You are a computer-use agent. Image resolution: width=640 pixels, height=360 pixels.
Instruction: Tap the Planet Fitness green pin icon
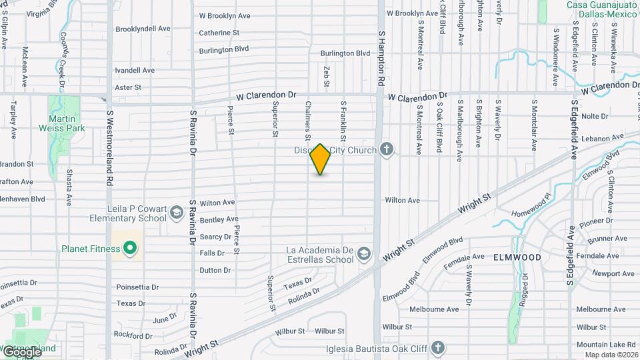pos(131,249)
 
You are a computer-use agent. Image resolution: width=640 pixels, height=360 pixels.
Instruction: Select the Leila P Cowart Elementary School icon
pos(176,213)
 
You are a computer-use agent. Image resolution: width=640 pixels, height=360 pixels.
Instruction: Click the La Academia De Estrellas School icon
pos(363,253)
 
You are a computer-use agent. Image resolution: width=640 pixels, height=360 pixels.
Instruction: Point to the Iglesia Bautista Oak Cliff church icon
pos(437,347)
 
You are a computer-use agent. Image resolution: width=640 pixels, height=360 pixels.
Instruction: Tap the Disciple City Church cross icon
pos(386,149)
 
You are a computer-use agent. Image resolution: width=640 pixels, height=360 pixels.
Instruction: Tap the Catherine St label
pos(219,33)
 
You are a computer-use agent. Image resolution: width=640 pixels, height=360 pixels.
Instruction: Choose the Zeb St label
pos(327,76)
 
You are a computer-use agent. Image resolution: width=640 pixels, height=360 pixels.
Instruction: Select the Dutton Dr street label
pos(215,270)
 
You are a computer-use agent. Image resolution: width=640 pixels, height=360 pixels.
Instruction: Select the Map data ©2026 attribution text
pos(611,355)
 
